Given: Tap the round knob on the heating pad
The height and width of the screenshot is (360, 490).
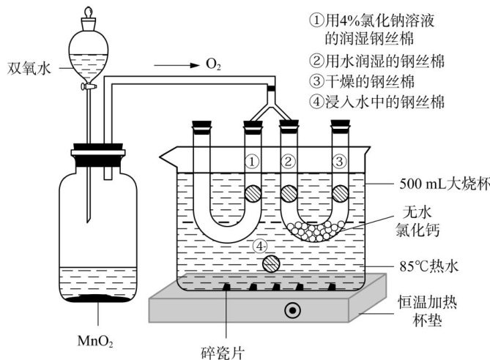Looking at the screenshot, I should [x=294, y=310].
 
